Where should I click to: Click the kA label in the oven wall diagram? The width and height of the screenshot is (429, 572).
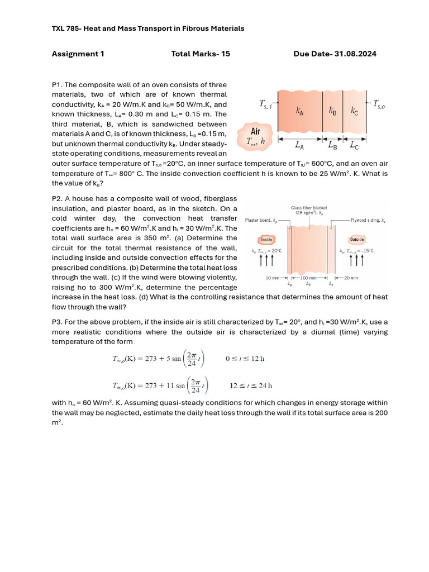(x=300, y=110)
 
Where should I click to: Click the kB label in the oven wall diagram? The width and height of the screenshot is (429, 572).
(x=332, y=110)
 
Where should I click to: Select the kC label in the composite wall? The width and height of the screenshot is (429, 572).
(x=354, y=110)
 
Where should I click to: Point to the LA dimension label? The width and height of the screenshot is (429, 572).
(x=299, y=147)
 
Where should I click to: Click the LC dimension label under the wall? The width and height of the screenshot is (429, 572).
(x=354, y=147)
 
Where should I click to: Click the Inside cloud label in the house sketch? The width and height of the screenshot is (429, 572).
(x=267, y=240)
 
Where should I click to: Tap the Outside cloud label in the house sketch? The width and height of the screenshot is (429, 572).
(x=357, y=240)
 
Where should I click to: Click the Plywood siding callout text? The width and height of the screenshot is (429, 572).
(x=366, y=220)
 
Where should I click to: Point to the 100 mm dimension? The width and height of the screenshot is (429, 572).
(x=308, y=278)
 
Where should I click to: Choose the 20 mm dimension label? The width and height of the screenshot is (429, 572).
(x=351, y=278)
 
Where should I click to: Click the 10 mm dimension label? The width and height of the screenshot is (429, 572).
(x=272, y=278)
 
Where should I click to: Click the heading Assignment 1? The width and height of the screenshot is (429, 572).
(x=78, y=54)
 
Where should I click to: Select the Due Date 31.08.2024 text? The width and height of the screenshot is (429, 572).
(x=335, y=54)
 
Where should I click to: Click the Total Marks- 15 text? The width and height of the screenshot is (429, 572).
(x=201, y=54)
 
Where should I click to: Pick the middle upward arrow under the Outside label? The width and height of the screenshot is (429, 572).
(x=357, y=261)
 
